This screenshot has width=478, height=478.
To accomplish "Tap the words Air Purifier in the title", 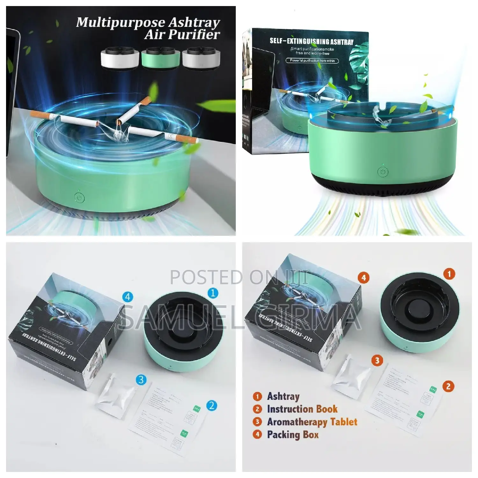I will click(182, 34).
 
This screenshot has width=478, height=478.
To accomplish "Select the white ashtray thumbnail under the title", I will click(119, 58).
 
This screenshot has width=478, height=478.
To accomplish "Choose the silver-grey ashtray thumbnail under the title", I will click(201, 58).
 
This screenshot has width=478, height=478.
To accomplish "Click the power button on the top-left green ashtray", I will click(79, 198).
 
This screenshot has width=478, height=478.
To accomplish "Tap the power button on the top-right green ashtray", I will click(383, 172).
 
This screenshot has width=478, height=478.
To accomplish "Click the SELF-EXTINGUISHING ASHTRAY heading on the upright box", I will click(311, 41).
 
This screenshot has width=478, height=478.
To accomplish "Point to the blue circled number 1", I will click(213, 293).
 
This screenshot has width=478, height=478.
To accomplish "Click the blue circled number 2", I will click(212, 406).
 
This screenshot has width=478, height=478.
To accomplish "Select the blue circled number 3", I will click(141, 380).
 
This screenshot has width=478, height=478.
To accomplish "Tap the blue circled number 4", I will click(128, 297).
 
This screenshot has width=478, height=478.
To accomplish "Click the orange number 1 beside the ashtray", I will click(449, 274).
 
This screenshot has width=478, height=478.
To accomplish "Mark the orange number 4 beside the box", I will click(364, 278).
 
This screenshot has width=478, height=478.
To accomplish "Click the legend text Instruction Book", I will click(302, 409).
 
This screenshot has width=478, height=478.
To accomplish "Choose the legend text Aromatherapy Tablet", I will click(312, 422).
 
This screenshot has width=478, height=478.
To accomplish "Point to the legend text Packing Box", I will click(293, 434).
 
